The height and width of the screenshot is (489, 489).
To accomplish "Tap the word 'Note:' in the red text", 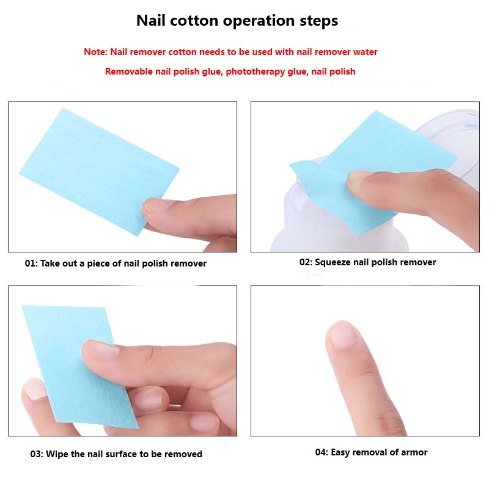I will (x=95, y=52).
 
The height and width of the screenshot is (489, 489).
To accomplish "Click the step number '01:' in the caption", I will (x=31, y=264).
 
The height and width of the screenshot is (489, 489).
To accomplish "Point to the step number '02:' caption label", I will (x=306, y=262).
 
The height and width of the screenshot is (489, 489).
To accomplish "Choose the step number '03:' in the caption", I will (x=37, y=454).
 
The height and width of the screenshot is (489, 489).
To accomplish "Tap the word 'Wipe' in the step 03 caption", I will (x=59, y=454).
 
